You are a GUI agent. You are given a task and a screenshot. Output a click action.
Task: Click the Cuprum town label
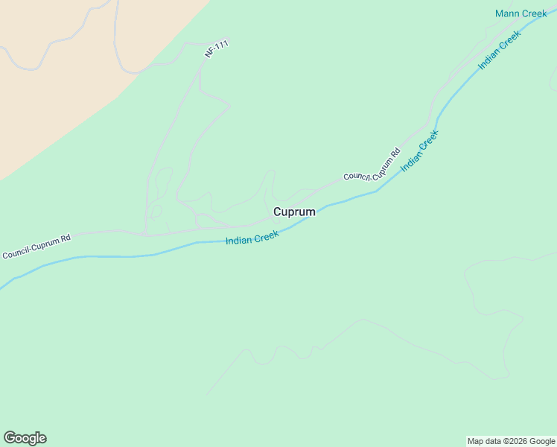click(294, 212)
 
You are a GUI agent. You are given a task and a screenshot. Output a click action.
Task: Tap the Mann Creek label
click(521, 13)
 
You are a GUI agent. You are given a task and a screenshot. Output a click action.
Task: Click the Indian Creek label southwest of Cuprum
click(252, 238)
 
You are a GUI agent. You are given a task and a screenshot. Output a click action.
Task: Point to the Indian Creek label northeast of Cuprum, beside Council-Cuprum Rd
click(419, 151)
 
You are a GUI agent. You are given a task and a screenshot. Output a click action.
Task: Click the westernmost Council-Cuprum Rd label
click(36, 247)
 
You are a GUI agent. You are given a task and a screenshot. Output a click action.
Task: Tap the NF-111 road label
click(216, 51)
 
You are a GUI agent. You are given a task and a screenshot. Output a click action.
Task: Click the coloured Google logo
click(25, 438)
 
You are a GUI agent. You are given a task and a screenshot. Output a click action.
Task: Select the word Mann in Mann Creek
click(507, 13)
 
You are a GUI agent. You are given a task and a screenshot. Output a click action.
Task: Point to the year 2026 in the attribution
click(516, 441)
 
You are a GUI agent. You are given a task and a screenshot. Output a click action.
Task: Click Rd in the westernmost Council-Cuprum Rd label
click(65, 239)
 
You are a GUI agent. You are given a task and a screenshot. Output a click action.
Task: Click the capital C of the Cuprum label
click(278, 212)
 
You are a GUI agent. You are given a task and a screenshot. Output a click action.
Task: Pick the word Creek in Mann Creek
click(534, 13)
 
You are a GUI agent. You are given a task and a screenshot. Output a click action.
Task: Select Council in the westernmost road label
click(15, 253)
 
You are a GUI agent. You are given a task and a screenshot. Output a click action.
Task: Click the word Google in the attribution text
click(542, 441)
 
